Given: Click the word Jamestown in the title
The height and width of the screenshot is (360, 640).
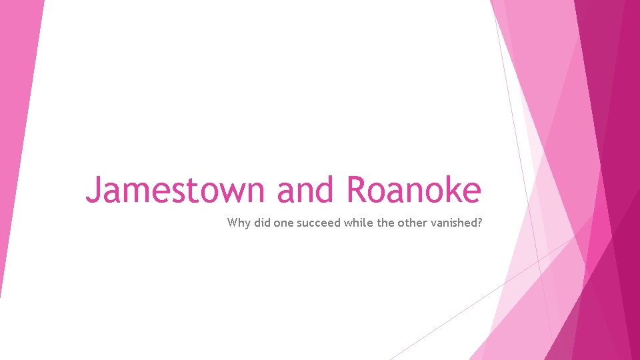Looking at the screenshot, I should (x=177, y=190).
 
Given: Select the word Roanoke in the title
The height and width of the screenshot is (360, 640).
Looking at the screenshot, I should (x=413, y=190).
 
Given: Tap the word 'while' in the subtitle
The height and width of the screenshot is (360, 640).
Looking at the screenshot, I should (x=359, y=223).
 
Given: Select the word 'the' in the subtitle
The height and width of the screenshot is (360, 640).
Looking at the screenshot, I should (x=386, y=223).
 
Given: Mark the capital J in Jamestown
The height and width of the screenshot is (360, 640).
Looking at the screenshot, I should (x=93, y=190).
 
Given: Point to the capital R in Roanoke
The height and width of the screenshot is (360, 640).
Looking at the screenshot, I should (x=356, y=189).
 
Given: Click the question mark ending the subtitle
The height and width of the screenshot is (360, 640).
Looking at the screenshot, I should (x=478, y=223).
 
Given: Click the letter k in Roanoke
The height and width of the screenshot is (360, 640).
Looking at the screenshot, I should (x=451, y=189).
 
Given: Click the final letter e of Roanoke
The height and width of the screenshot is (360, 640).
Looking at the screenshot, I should (x=471, y=193).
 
